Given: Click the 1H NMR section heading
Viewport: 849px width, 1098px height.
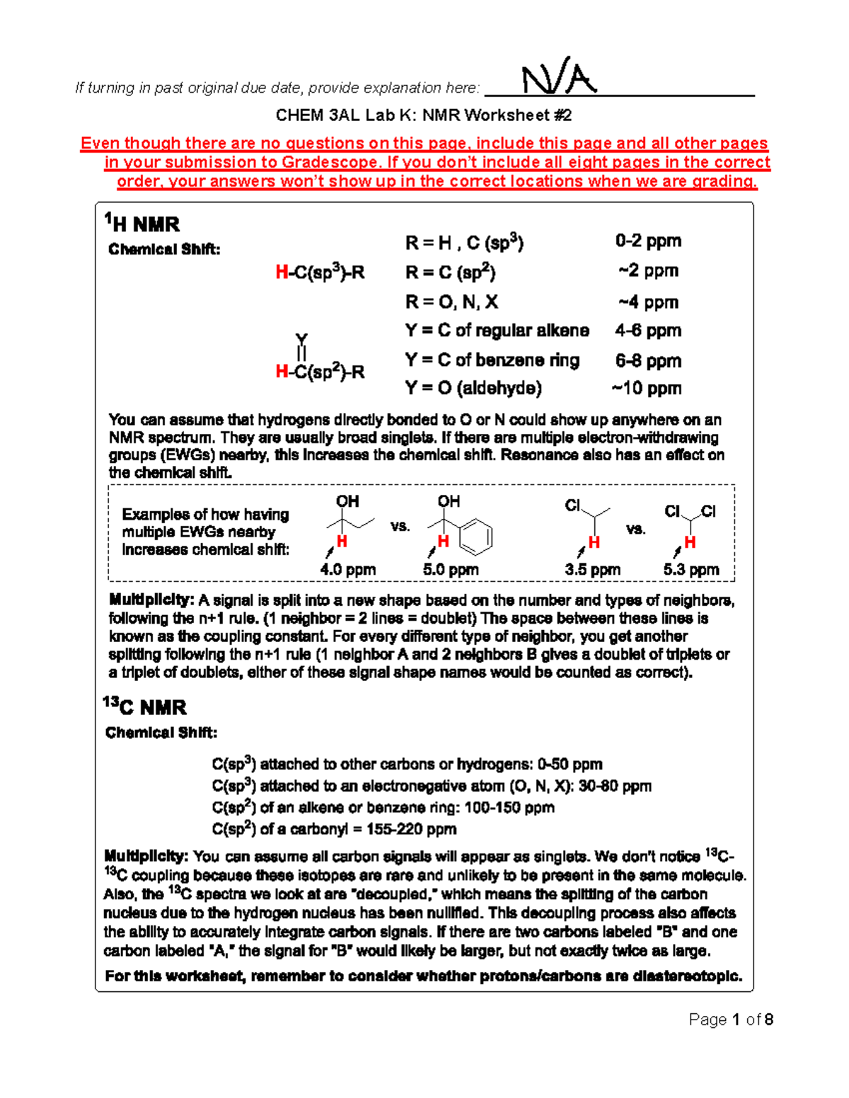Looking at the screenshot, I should pyautogui.click(x=142, y=224).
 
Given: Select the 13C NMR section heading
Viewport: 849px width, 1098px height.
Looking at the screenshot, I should pyautogui.click(x=145, y=707).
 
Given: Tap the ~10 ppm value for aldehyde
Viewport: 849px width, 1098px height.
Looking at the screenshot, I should pyautogui.click(x=647, y=388).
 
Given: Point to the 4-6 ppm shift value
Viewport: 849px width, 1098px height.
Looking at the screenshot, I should pyautogui.click(x=648, y=330).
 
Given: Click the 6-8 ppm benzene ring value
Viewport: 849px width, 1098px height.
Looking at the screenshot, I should pyautogui.click(x=648, y=361).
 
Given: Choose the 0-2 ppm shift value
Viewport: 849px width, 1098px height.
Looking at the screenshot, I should pyautogui.click(x=648, y=241).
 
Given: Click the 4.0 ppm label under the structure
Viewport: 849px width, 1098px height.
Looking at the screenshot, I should pyautogui.click(x=348, y=569).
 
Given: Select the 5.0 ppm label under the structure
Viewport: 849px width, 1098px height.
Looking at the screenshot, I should pyautogui.click(x=451, y=569).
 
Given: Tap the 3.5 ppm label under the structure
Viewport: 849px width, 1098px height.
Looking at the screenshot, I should pyautogui.click(x=593, y=569).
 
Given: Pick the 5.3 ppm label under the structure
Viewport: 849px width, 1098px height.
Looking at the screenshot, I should pyautogui.click(x=691, y=569).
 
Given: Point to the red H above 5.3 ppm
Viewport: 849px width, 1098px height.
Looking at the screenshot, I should pyautogui.click(x=690, y=542).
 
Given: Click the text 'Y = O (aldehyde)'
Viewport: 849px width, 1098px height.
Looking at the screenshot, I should pyautogui.click(x=473, y=388).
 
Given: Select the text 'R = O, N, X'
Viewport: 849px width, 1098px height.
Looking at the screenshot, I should pyautogui.click(x=451, y=303).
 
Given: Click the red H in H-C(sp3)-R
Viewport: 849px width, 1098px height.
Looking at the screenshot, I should pyautogui.click(x=282, y=272).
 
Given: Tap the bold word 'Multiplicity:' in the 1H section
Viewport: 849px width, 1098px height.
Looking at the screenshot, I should pyautogui.click(x=151, y=600).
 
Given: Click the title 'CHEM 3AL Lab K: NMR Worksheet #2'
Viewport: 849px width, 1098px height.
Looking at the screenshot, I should pyautogui.click(x=424, y=115).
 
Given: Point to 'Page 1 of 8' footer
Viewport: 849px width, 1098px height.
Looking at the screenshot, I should pyautogui.click(x=731, y=1020).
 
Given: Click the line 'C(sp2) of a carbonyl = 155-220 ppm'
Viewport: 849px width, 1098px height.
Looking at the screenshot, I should pyautogui.click(x=334, y=829).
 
